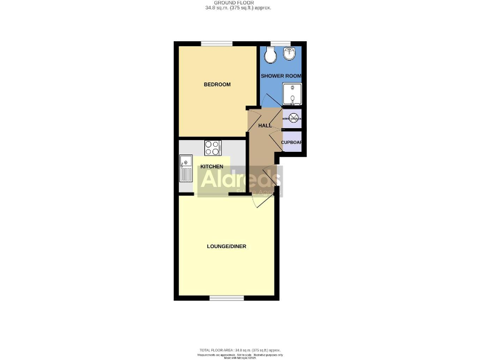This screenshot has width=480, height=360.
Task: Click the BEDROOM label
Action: (217, 85)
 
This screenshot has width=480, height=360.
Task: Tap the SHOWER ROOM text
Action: (281, 76)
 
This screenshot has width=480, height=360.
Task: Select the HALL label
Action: (264, 126)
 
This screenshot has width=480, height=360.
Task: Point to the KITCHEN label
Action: (211, 166)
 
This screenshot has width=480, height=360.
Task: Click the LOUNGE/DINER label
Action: (226, 246)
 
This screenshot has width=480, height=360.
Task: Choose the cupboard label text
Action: (292, 142)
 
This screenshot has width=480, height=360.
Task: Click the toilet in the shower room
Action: (271, 56)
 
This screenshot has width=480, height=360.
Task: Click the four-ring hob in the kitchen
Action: (212, 147)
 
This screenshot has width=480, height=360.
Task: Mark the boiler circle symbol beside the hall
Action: (292, 117)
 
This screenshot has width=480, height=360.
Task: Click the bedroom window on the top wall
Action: (216, 44)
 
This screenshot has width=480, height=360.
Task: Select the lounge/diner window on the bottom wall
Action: (226, 298)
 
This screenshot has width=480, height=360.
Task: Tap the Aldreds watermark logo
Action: (240, 181)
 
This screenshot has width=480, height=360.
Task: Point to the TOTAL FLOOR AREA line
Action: (240, 350)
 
